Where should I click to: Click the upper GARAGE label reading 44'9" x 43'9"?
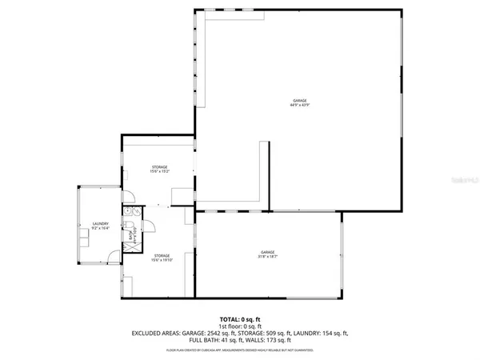click(x=300, y=103)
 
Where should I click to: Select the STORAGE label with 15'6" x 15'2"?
click(x=160, y=169)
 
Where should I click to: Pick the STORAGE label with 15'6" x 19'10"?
click(x=162, y=258)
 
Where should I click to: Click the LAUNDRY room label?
click(x=100, y=226)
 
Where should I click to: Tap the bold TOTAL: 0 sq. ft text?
click(x=239, y=318)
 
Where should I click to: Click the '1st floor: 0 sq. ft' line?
click(x=239, y=326)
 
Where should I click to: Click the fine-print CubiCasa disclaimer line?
click(x=239, y=349)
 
